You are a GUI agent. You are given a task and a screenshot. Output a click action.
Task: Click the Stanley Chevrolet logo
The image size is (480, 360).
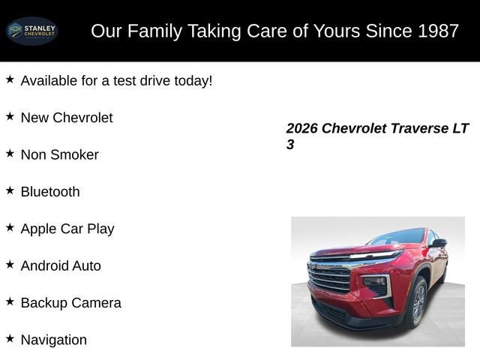(x=31, y=31)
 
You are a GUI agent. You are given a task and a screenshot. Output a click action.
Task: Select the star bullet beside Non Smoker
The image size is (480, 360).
(x=10, y=153)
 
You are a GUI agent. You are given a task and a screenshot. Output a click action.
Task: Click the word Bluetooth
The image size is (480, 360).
(x=50, y=191)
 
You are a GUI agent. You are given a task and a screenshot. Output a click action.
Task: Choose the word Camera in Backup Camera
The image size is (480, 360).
(x=96, y=303)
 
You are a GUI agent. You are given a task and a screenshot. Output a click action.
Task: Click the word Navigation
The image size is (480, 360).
(x=54, y=340)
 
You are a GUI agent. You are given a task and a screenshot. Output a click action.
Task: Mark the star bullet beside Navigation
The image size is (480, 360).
(x=10, y=338)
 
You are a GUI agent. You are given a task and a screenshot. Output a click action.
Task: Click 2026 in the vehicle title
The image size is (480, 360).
(x=302, y=128)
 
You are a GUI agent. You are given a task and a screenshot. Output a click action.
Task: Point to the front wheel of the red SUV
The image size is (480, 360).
(x=418, y=303)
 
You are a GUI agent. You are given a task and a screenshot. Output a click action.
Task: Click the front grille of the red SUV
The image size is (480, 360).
(x=330, y=277)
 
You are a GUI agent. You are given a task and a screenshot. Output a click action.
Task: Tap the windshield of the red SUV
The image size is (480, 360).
(x=397, y=237)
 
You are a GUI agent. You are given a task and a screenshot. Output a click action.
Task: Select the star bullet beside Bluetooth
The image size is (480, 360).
(x=10, y=190)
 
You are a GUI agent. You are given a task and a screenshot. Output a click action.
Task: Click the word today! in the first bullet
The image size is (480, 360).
(x=193, y=80)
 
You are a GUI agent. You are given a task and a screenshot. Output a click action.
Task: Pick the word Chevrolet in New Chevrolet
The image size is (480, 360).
(x=82, y=118)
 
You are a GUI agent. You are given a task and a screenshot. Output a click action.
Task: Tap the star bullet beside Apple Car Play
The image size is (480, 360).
(x=10, y=227)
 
